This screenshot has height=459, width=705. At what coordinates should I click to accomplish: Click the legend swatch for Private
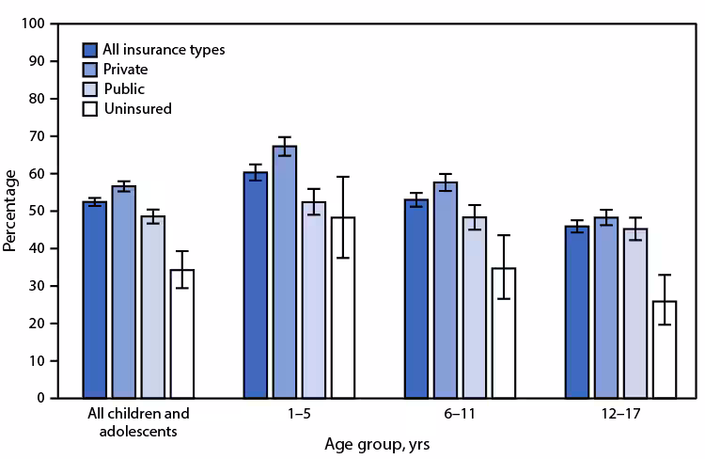(x=90, y=69)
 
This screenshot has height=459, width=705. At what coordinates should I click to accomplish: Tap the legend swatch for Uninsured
(x=90, y=108)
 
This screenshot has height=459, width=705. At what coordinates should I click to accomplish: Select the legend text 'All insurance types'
(x=164, y=49)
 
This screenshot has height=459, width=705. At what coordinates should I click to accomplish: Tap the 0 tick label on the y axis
(x=42, y=398)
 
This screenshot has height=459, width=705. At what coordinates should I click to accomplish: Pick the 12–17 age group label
(x=621, y=413)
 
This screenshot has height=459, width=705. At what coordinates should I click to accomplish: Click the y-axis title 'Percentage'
(x=10, y=210)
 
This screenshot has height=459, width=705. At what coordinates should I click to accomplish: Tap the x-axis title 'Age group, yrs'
(x=380, y=441)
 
